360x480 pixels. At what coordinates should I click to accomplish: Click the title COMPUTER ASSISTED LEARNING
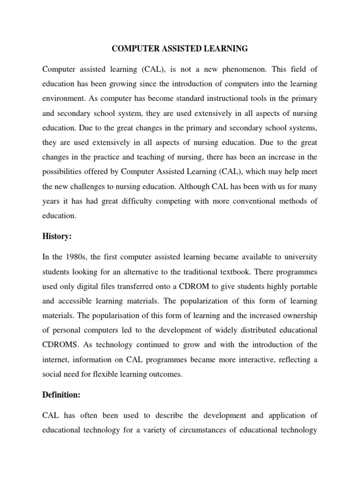point(180,48)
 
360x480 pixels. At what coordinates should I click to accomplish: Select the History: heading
point(57,237)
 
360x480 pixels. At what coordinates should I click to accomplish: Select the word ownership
point(297,315)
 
